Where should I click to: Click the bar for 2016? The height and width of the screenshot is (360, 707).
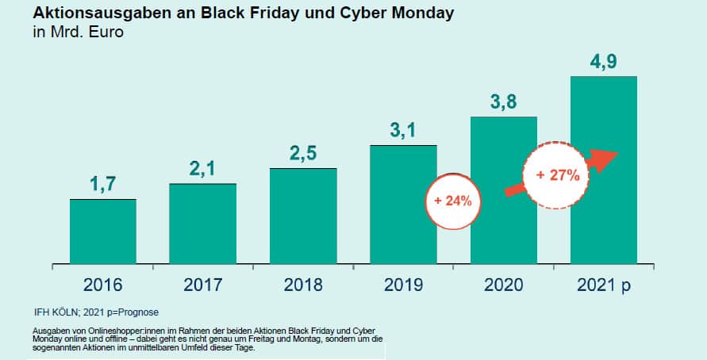point(103,231)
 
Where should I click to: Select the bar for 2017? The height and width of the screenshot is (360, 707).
point(202,223)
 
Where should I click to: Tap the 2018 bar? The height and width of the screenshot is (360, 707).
point(303,215)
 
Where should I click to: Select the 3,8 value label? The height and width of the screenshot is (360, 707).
point(504,101)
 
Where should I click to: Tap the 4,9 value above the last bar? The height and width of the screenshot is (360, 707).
point(604,61)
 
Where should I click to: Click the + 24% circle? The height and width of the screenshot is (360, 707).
point(453,201)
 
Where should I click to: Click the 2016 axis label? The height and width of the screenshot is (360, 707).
point(103,285)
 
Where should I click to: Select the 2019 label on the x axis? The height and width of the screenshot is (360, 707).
point(403,285)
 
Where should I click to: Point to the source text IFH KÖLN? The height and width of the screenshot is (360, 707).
point(57,311)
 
